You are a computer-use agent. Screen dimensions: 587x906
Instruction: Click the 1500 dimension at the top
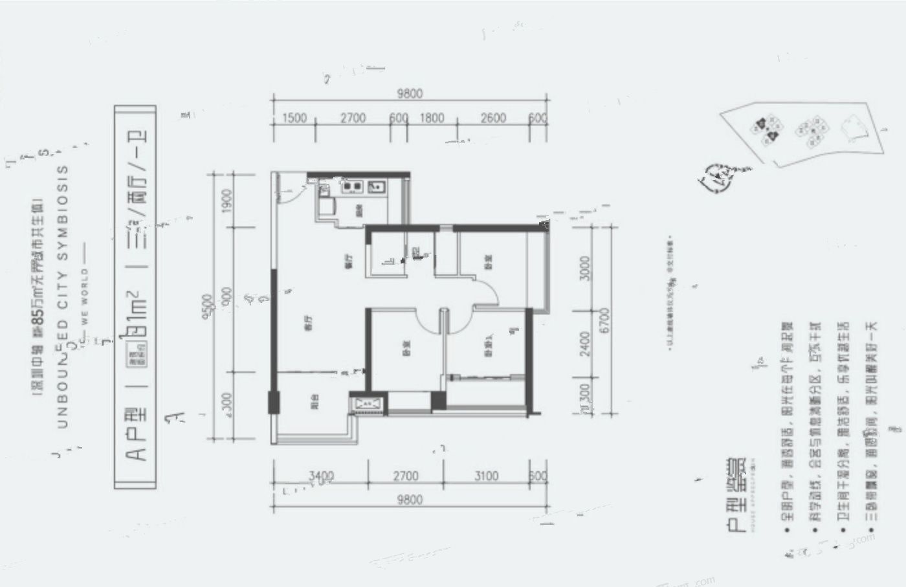click(x=294, y=118)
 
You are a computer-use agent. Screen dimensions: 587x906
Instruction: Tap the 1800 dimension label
click(x=432, y=118)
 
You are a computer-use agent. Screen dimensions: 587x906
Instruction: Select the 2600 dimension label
click(x=493, y=118)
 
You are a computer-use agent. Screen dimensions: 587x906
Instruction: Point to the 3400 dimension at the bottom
click(x=321, y=476)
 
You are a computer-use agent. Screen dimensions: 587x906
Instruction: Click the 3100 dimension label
click(x=486, y=476)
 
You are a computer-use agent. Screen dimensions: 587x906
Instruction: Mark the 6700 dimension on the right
click(x=604, y=321)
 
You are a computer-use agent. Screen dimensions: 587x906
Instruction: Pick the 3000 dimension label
click(x=585, y=269)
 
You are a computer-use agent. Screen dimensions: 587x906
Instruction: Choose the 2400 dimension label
click(x=585, y=344)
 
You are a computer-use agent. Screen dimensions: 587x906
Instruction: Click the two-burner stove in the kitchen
click(x=352, y=187)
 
